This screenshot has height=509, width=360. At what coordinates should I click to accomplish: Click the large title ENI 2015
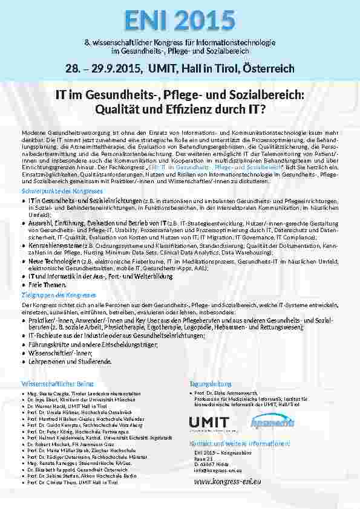click(180, 19)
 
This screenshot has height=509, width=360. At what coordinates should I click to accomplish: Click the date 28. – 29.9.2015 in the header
click(105, 68)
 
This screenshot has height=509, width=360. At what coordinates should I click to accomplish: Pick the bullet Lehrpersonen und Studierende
click(70, 361)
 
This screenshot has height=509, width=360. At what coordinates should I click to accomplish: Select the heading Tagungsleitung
click(211, 384)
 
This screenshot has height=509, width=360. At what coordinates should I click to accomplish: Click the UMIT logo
click(209, 423)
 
